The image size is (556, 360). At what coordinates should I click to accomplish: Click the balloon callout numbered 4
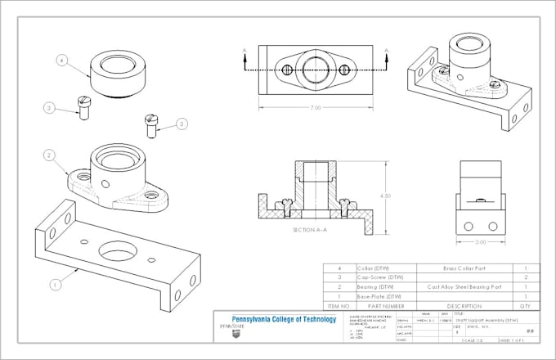click(x=61, y=59)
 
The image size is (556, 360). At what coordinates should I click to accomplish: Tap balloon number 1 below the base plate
click(x=54, y=285)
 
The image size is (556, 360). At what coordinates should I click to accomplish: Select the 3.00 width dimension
click(x=481, y=243)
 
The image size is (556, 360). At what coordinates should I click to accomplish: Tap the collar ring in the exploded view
click(x=117, y=72)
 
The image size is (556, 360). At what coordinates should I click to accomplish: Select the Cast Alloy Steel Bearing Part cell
click(x=460, y=287)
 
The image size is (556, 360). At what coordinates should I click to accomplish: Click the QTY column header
click(x=527, y=305)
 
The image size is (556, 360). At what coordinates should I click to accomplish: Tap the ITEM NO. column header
click(x=336, y=305)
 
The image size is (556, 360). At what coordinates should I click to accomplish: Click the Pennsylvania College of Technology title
click(x=285, y=319)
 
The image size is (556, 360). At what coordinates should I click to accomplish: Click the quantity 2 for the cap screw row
click(x=527, y=277)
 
